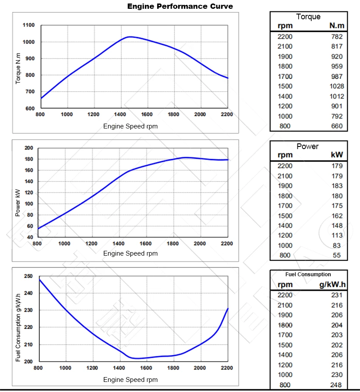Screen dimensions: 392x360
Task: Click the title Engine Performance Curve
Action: pos(180,6)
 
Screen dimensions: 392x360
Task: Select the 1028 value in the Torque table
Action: pos(337,86)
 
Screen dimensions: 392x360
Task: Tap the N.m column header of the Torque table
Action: pos(337,26)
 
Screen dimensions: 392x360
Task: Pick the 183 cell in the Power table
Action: pos(337,185)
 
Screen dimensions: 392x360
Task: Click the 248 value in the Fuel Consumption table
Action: pos(337,385)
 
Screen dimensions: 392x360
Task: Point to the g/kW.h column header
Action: pos(332,284)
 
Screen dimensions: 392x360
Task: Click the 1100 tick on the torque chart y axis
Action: pos(29,25)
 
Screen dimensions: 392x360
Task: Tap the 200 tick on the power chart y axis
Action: pos(29,148)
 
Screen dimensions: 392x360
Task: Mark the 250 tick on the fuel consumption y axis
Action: pos(28,276)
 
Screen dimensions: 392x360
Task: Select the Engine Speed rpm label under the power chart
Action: pos(130,253)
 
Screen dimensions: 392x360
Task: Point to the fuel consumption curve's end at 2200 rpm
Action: pos(228,309)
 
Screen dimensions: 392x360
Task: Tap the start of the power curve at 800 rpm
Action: pos(38,228)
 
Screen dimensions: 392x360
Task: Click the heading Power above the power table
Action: pos(307,146)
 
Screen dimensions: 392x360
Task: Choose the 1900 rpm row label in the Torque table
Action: pos(285,57)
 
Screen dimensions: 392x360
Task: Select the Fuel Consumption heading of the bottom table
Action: pos(308,274)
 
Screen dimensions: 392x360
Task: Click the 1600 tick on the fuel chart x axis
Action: pos(146,368)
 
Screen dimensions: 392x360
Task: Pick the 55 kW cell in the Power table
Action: pos(337,255)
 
